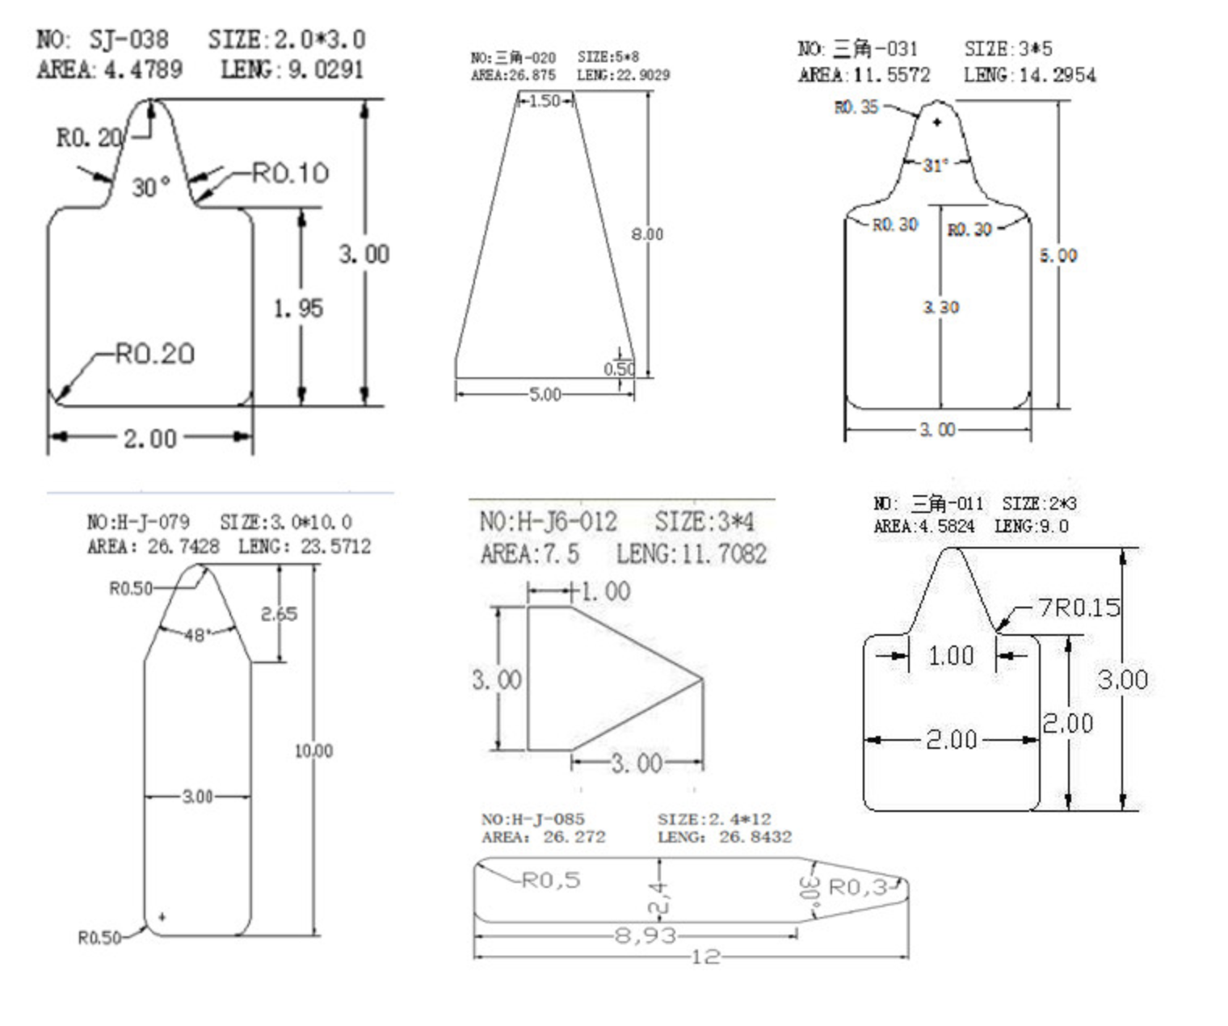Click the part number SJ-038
point(128,40)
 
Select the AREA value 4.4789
point(143,69)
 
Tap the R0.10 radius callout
point(290,173)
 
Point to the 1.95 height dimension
point(298,308)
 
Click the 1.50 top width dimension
point(545,101)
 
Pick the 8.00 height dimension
point(647,234)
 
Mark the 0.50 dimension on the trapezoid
point(619,369)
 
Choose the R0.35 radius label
point(856,107)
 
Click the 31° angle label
point(936,166)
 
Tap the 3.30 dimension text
point(940,307)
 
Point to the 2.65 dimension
point(279,614)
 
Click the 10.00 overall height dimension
point(313,751)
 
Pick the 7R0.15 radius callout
point(1079,607)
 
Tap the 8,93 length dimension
point(645,936)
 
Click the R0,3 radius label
point(857,888)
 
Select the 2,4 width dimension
point(658,898)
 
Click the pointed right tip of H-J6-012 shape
point(702,679)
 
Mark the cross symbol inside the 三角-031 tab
point(937,122)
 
